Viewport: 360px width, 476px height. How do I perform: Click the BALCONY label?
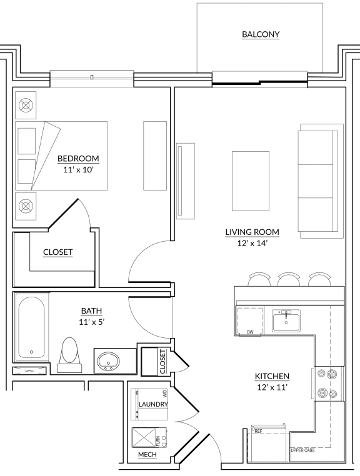pyautogui.click(x=261, y=34)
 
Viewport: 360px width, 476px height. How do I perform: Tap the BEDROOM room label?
pyautogui.click(x=78, y=159)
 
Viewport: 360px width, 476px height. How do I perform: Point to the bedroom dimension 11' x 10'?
pyautogui.click(x=78, y=170)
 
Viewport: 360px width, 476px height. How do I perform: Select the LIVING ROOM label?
pyautogui.click(x=252, y=232)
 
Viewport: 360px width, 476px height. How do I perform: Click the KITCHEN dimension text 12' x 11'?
pyautogui.click(x=272, y=387)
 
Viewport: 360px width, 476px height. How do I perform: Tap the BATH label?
pyautogui.click(x=91, y=311)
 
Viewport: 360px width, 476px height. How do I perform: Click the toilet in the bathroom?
pyautogui.click(x=69, y=355)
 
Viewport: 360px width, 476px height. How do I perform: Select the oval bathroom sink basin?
pyautogui.click(x=108, y=361)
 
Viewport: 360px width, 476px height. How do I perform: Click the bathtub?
pyautogui.click(x=31, y=327)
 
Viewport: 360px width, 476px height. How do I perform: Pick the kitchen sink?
pyautogui.click(x=286, y=320)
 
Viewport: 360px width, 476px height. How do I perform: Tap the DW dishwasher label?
pyautogui.click(x=250, y=332)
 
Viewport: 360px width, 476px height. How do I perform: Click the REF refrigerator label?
pyautogui.click(x=258, y=431)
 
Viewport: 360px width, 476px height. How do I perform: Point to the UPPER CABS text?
pyautogui.click(x=302, y=450)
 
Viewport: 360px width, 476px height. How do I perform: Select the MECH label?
pyautogui.click(x=147, y=454)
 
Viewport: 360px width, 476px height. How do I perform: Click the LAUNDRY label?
pyautogui.click(x=153, y=404)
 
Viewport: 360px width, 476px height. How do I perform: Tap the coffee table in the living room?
pyautogui.click(x=251, y=181)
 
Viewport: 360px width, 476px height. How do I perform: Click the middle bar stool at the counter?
pyautogui.click(x=289, y=279)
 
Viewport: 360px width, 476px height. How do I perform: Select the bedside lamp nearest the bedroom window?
pyautogui.click(x=26, y=106)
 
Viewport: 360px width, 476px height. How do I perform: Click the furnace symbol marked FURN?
pyautogui.click(x=149, y=437)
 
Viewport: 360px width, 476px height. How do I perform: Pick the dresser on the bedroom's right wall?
pyautogui.click(x=155, y=156)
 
